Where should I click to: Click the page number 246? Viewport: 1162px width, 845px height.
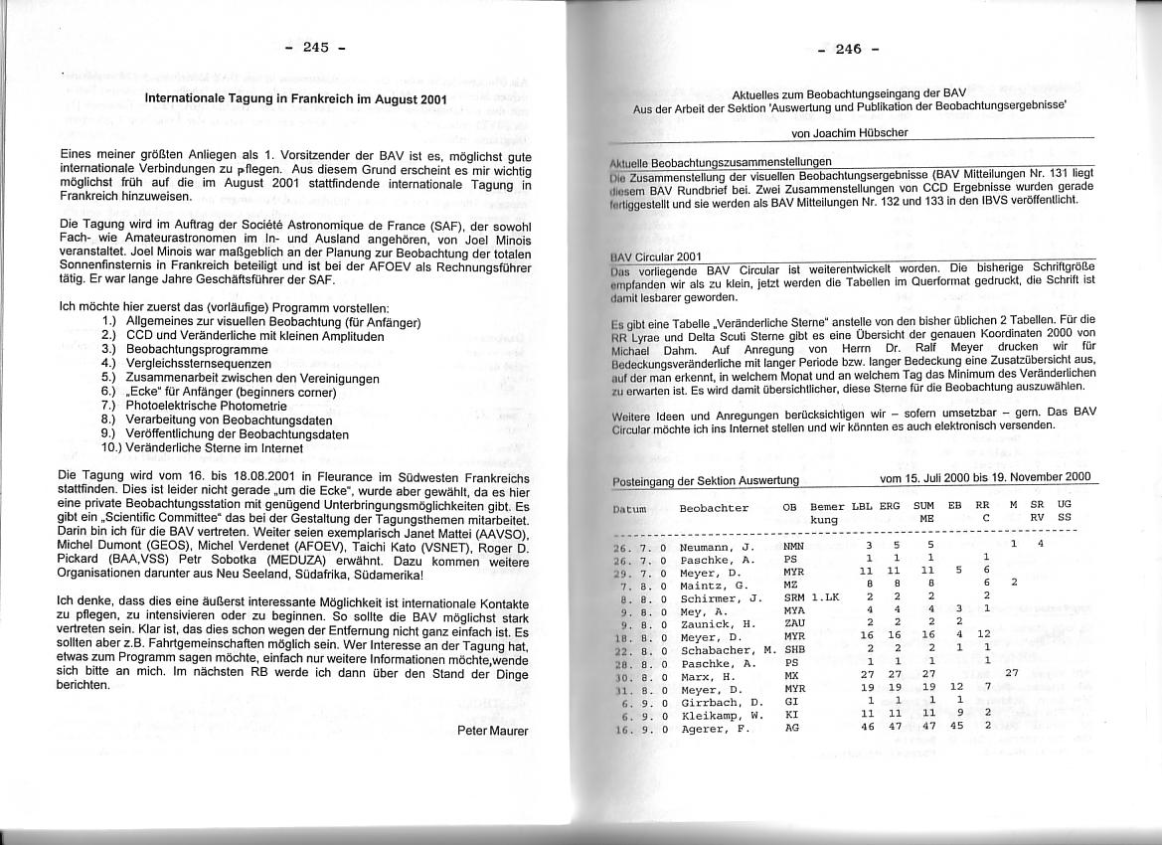click(x=847, y=49)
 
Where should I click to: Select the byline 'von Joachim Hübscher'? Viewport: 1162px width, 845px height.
click(x=849, y=132)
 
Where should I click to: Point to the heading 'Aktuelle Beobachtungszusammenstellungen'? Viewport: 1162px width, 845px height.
click(x=721, y=161)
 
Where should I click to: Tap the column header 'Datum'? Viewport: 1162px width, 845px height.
click(x=630, y=509)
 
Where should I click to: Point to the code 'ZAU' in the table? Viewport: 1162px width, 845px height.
click(x=793, y=623)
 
